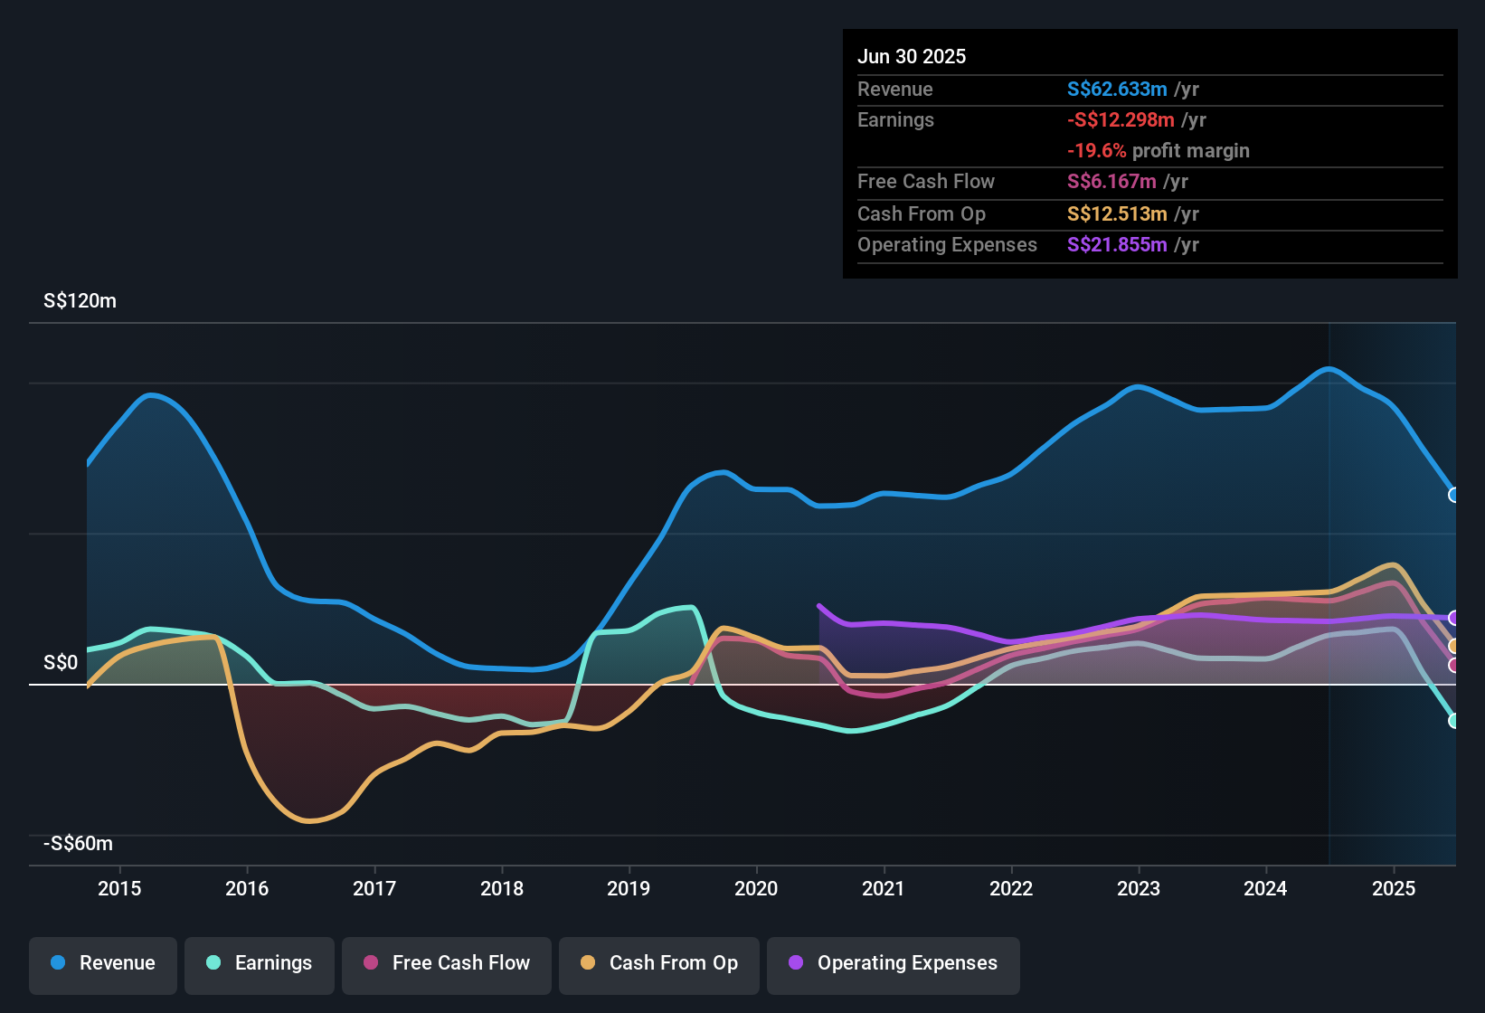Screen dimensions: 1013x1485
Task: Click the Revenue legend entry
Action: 103,963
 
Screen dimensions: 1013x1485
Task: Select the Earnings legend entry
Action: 260,963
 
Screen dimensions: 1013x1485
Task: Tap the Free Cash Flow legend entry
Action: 447,963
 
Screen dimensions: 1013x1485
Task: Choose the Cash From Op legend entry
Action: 659,963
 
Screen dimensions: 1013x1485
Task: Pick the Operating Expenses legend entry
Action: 894,963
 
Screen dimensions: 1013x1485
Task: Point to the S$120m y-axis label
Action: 80,301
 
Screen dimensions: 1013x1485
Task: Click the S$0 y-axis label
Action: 61,663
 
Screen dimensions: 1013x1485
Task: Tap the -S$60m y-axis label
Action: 78,844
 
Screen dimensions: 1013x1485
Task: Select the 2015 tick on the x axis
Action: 119,888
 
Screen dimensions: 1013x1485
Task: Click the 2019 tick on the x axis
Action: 629,888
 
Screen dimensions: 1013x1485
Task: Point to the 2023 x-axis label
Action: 1139,888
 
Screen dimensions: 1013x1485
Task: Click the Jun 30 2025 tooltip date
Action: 912,57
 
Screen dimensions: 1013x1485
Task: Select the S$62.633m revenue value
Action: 1117,90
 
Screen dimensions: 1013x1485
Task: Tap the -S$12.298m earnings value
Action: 1121,120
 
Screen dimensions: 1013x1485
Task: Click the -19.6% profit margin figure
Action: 1096,151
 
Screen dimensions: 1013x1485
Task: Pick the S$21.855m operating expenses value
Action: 1117,245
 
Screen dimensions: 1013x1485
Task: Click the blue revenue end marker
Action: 1453,495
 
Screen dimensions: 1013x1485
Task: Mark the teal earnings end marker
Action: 1453,721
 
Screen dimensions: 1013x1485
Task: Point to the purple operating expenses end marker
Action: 1453,618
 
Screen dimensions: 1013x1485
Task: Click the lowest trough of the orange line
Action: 308,821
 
